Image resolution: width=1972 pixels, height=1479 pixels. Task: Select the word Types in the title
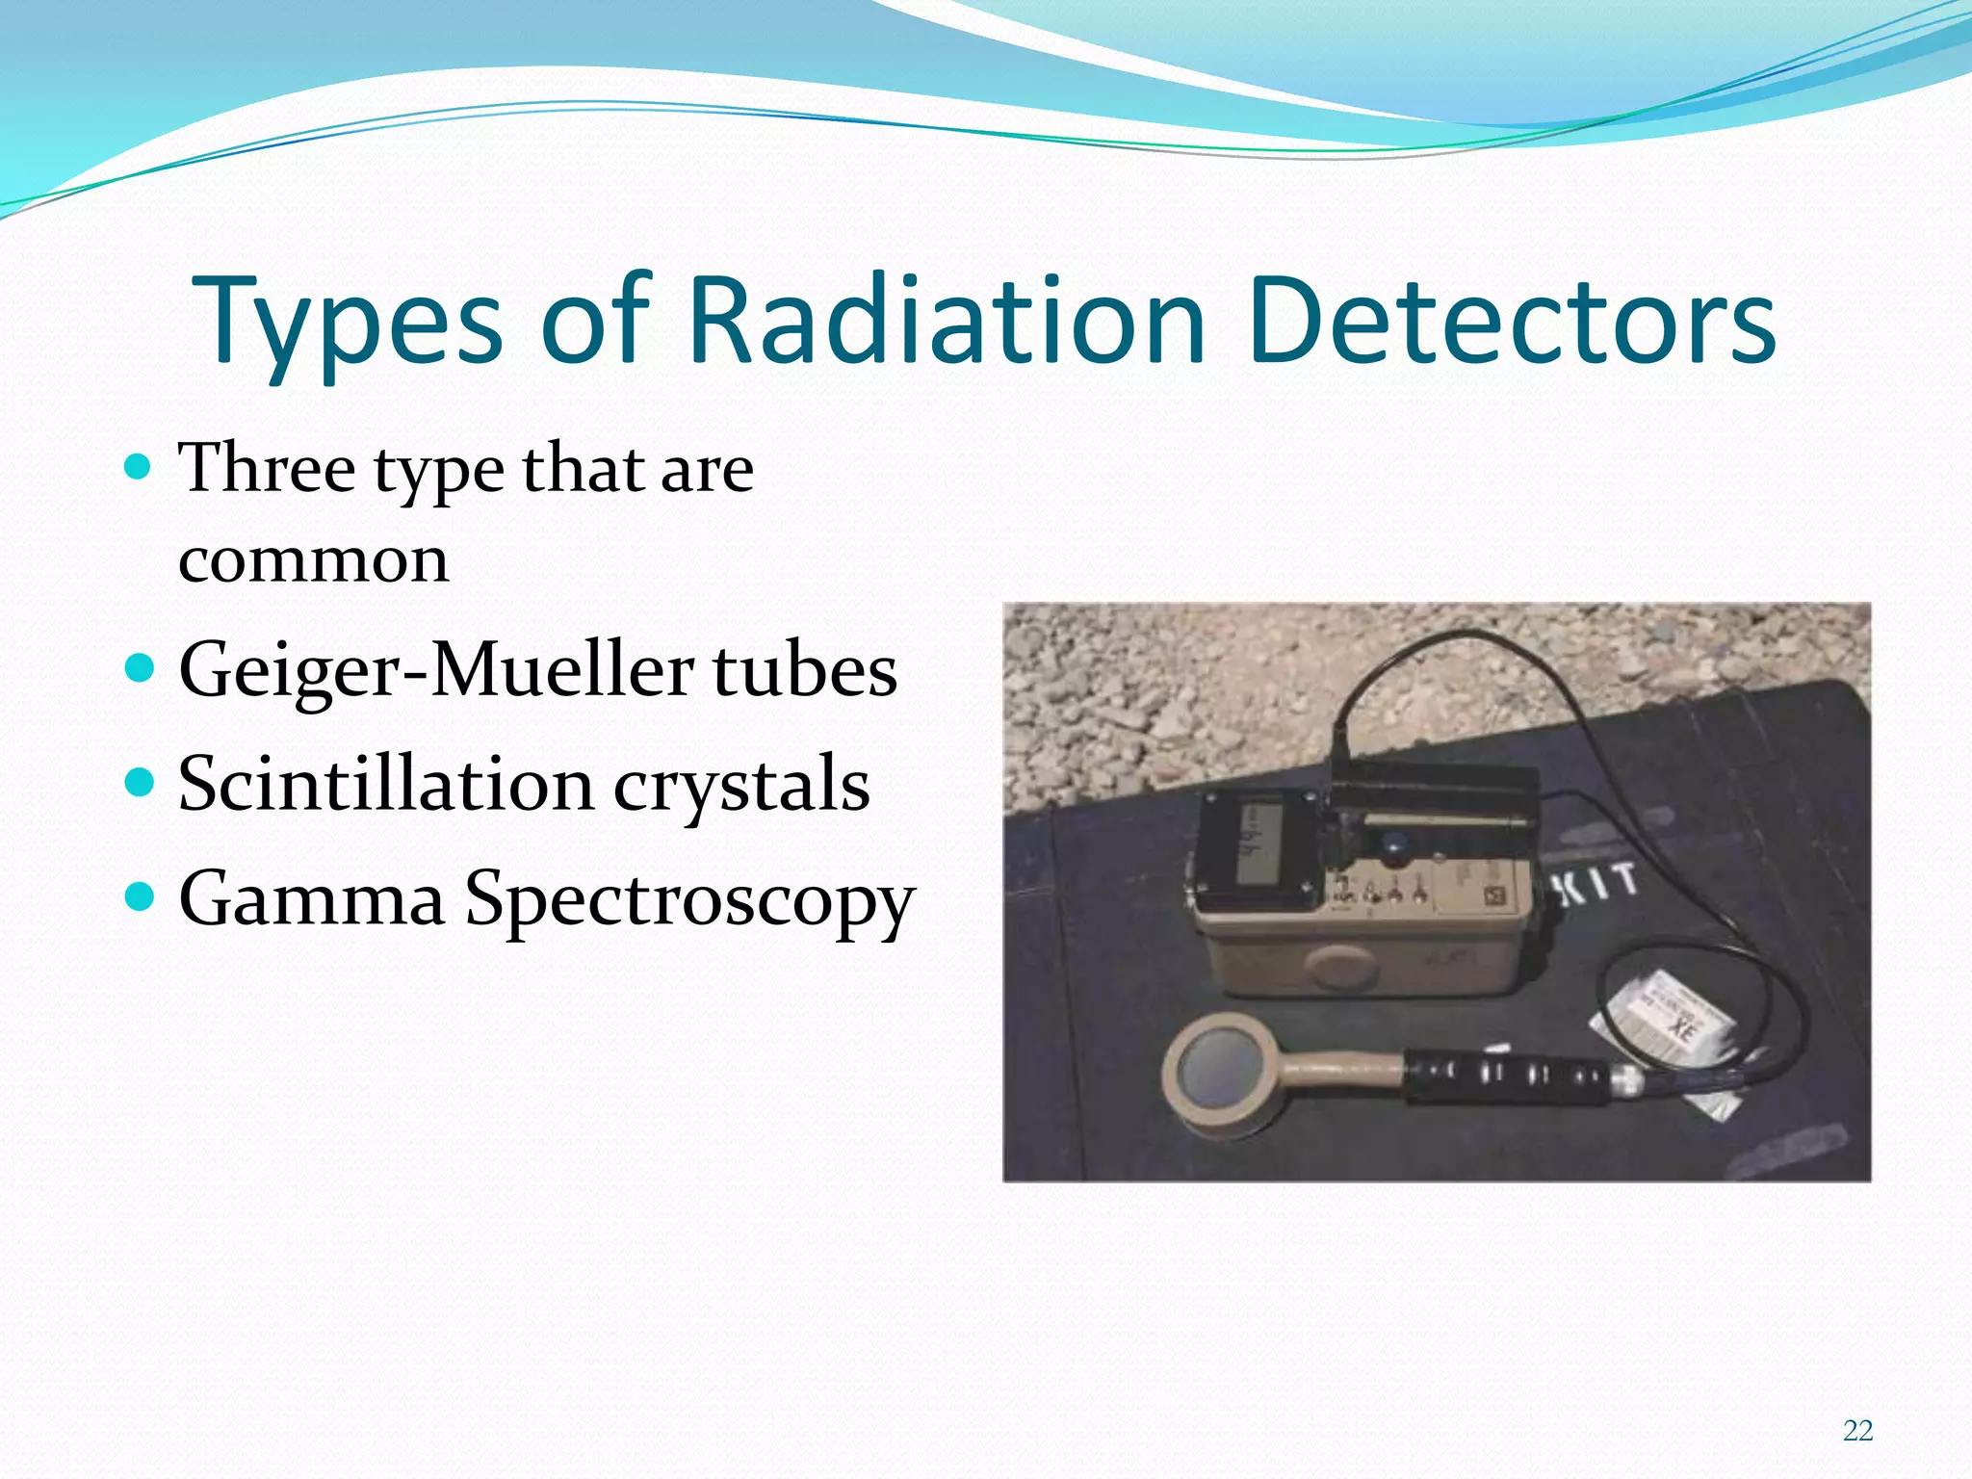(347, 323)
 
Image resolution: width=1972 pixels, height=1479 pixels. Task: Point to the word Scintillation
(385, 784)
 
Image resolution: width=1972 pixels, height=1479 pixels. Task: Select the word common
(314, 560)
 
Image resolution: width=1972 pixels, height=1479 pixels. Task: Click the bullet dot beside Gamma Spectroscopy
(140, 896)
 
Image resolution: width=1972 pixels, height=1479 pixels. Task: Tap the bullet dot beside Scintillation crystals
(140, 782)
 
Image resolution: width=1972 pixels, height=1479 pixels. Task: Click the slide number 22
(1857, 1431)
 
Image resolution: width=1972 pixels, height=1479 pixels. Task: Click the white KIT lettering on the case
(1597, 884)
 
